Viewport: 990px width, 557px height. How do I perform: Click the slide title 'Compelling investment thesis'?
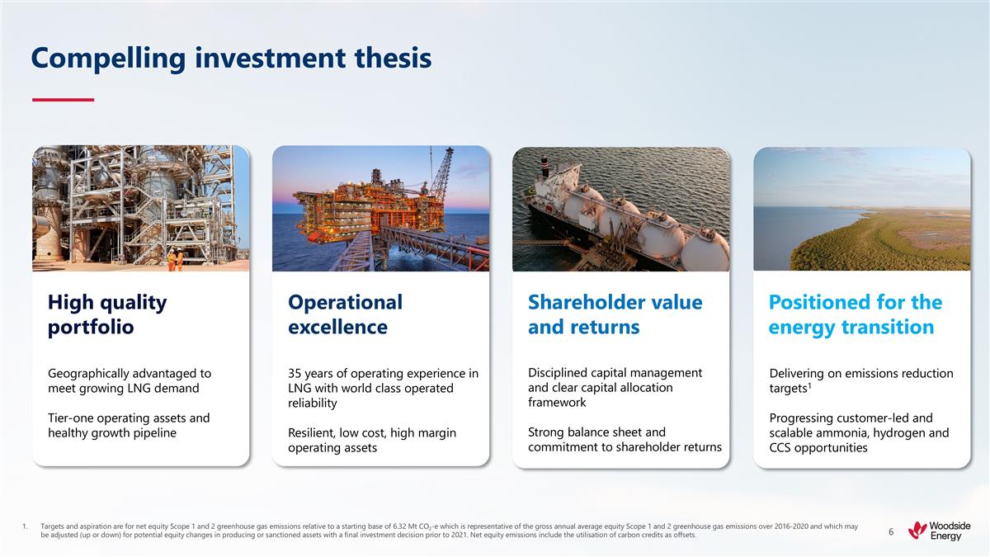[x=231, y=58]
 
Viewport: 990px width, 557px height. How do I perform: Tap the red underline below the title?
[x=63, y=100]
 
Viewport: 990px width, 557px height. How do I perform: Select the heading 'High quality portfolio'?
[x=107, y=314]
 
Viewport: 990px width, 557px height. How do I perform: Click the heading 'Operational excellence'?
[x=345, y=314]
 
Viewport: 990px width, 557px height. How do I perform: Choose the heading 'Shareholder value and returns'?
[x=615, y=314]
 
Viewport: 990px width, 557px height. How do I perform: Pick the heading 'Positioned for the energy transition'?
[x=855, y=314]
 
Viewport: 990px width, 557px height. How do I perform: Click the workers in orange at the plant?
[x=175, y=260]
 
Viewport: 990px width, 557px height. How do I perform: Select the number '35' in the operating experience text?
[x=296, y=374]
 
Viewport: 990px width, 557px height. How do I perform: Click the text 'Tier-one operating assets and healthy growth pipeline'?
[x=129, y=426]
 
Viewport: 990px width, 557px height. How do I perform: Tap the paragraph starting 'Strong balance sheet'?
[x=625, y=439]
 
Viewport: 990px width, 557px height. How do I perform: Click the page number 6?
[x=891, y=532]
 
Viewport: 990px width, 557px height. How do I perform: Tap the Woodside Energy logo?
[x=939, y=531]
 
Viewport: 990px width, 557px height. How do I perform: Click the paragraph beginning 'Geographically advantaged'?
[x=130, y=380]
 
